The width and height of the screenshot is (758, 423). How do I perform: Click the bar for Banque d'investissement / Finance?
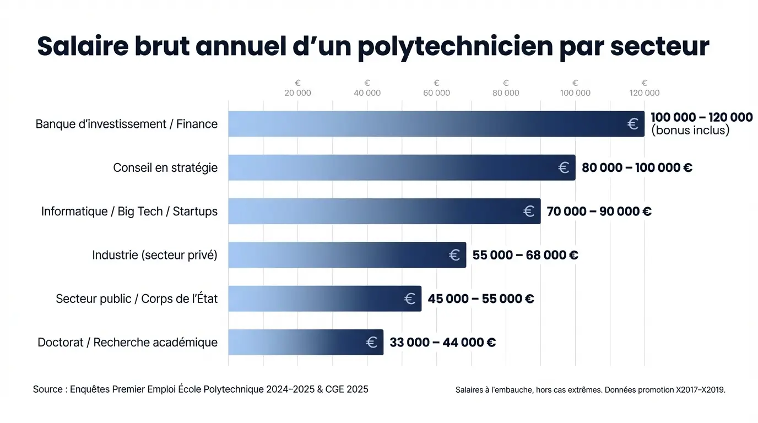click(435, 124)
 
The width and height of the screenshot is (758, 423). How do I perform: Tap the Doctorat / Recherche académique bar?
click(305, 342)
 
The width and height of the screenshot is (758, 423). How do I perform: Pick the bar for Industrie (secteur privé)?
click(346, 255)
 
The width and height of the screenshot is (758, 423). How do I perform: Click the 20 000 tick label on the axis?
click(297, 93)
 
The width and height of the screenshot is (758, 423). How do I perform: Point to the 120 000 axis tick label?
click(644, 93)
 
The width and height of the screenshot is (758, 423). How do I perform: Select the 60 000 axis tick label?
click(436, 93)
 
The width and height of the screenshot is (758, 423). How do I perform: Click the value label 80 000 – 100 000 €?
click(637, 167)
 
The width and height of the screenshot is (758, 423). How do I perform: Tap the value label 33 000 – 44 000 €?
click(442, 342)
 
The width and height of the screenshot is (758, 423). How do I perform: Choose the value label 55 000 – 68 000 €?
click(525, 255)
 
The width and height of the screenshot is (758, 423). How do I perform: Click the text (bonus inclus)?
click(690, 131)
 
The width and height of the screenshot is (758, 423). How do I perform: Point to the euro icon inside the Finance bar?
click(633, 124)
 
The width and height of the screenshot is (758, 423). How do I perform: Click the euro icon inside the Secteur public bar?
click(410, 299)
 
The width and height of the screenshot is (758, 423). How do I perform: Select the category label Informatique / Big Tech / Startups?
click(129, 211)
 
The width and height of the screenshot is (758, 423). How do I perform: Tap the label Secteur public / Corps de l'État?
click(137, 299)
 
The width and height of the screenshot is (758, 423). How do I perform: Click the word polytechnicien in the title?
click(454, 46)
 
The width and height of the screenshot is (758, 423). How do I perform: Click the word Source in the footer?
click(48, 389)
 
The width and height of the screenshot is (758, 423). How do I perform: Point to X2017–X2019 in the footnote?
click(701, 390)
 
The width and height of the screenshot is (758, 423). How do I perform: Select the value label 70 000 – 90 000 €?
click(599, 211)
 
